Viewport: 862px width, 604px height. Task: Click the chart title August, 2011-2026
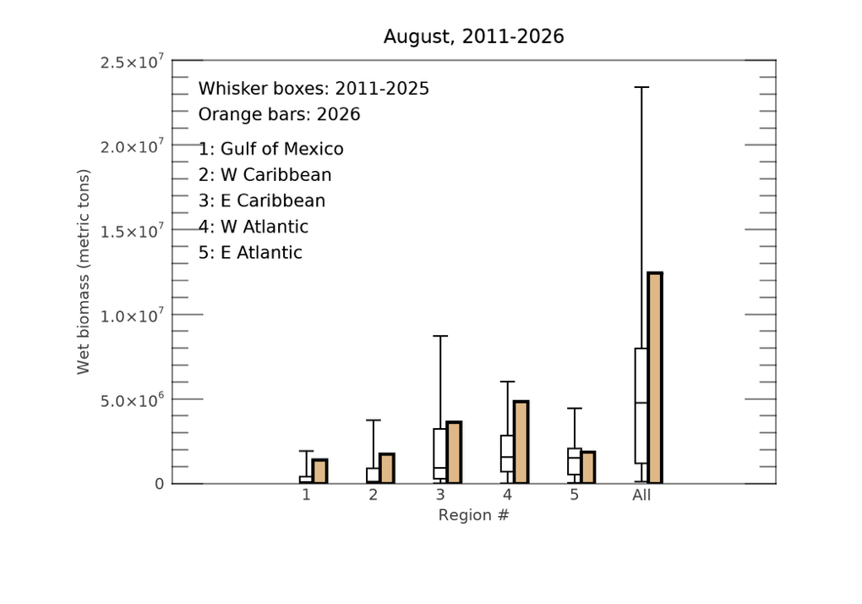(x=473, y=37)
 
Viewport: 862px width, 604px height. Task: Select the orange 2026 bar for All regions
(x=655, y=378)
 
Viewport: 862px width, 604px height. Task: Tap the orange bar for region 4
(x=521, y=442)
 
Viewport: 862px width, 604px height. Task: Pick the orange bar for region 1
(x=319, y=471)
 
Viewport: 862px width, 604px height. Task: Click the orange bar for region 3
(x=454, y=453)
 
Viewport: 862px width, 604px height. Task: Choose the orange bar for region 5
(x=587, y=468)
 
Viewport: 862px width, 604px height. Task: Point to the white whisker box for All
(x=641, y=405)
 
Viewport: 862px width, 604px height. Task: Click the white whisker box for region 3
(x=439, y=453)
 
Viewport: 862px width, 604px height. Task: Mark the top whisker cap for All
(x=641, y=87)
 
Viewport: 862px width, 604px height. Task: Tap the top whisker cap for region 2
(x=374, y=420)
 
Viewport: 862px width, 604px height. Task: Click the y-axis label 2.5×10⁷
(x=132, y=62)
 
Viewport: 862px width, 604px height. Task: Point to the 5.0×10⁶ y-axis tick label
(x=132, y=400)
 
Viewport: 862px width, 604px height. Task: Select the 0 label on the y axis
(x=160, y=484)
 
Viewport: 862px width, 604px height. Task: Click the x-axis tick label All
(x=641, y=495)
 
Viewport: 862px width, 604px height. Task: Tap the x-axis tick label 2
(x=374, y=495)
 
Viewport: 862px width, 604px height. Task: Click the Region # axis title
(x=474, y=515)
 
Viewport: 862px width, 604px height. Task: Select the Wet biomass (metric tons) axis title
(x=83, y=272)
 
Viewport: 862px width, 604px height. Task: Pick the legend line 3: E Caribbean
(x=262, y=200)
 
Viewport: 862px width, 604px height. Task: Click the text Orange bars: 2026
(x=279, y=114)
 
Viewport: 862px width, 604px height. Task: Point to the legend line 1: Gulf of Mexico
(x=271, y=149)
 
